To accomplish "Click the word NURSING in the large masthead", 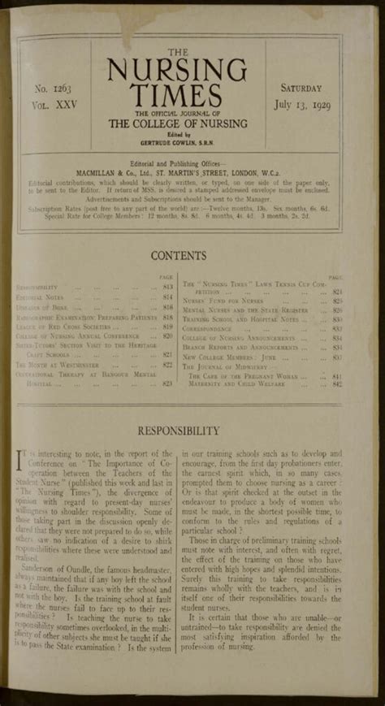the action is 192,65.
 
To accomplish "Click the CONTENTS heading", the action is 192,256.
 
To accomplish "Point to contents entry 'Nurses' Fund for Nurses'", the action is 227,301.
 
